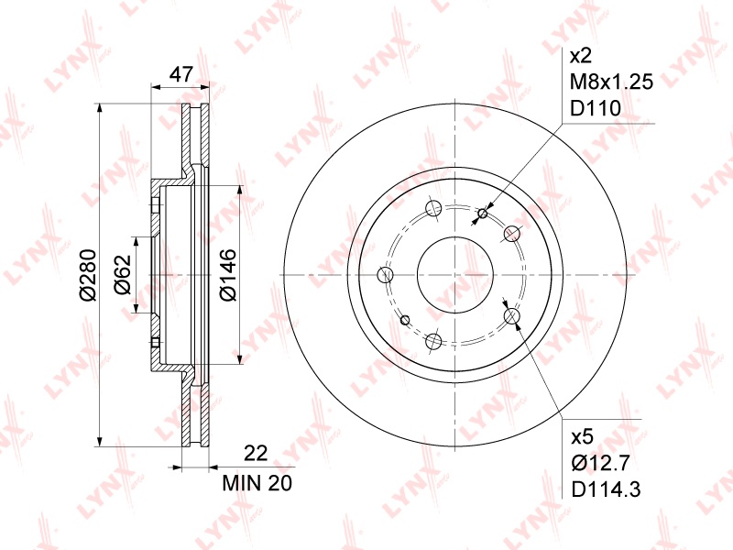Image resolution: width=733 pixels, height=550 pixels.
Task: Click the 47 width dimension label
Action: (x=181, y=74)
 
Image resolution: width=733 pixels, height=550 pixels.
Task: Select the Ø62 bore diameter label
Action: (x=124, y=274)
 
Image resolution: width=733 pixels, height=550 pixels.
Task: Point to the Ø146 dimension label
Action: (x=228, y=275)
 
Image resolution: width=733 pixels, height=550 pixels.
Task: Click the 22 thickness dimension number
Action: (x=257, y=453)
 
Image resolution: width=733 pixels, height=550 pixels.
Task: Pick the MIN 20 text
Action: (x=257, y=483)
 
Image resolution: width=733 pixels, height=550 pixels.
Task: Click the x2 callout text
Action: (x=581, y=57)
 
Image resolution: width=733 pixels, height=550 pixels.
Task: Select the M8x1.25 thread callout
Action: (x=611, y=82)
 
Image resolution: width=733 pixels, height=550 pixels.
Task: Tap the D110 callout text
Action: (x=595, y=108)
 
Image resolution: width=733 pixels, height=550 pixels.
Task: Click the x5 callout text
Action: (x=583, y=437)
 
